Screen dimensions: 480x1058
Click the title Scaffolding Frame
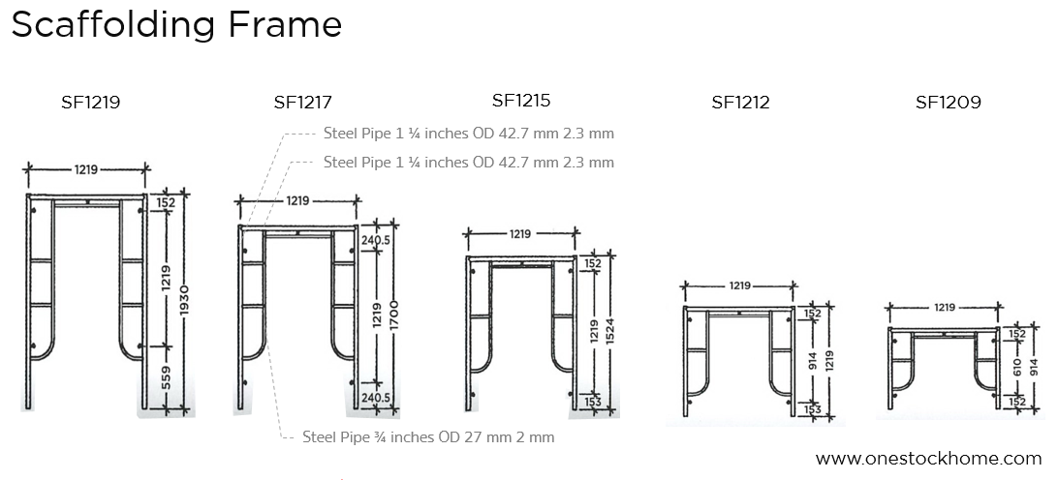(x=176, y=24)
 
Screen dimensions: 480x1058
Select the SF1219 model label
(x=90, y=101)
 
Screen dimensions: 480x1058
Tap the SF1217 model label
(x=302, y=101)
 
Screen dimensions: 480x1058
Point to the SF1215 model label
(x=521, y=100)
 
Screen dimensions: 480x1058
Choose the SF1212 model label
(x=740, y=102)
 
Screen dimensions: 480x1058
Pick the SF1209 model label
(x=948, y=102)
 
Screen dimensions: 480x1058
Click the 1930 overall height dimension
(x=185, y=296)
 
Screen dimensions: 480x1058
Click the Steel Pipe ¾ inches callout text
(x=428, y=437)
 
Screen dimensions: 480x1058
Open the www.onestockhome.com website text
(x=928, y=459)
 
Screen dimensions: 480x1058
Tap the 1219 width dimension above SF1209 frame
(x=944, y=307)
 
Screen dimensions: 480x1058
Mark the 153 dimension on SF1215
(x=592, y=401)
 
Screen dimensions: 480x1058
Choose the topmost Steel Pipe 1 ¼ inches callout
(x=468, y=134)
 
